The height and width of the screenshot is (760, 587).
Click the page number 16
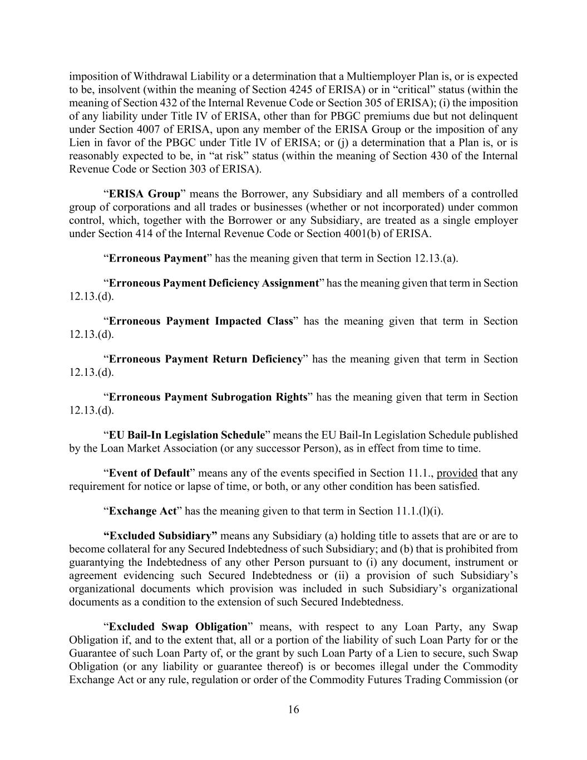coord(293,709)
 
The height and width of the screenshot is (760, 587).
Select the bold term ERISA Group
coord(145,194)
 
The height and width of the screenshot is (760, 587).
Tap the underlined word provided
coord(457,473)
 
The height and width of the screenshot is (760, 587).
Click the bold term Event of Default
coord(149,473)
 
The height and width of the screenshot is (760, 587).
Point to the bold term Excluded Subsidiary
coord(161,536)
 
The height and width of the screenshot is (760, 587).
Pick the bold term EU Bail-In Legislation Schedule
coord(186,435)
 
